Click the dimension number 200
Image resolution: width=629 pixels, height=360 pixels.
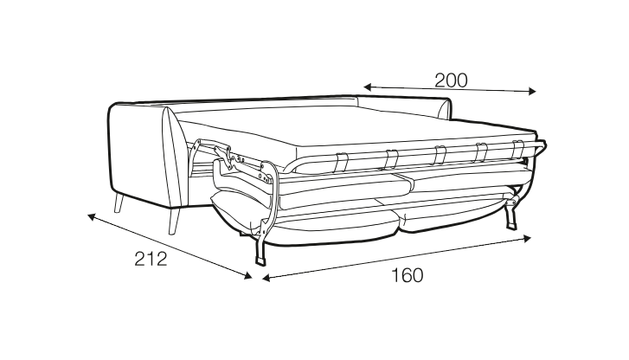point(451,80)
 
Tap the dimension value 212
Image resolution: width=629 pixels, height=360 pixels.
point(151,259)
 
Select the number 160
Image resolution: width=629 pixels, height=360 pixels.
point(407,276)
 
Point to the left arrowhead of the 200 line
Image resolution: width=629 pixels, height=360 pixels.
point(368,87)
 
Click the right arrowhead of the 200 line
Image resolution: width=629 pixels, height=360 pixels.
point(532,91)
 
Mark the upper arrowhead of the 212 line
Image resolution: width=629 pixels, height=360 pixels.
point(92,216)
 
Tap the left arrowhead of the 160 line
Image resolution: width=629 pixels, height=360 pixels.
point(266,278)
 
